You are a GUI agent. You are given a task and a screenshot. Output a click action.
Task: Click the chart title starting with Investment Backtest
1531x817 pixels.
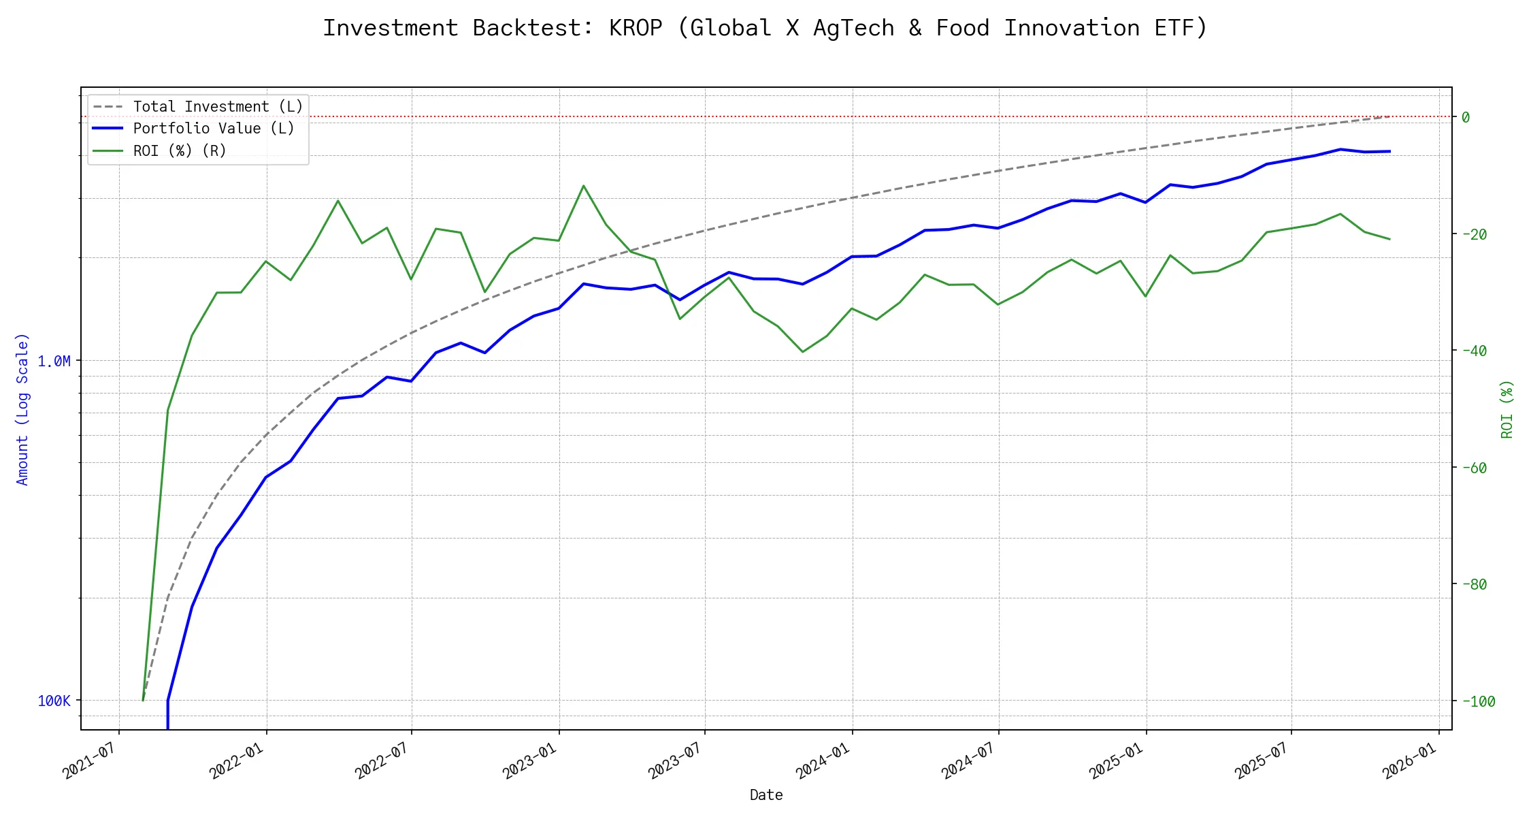coord(765,28)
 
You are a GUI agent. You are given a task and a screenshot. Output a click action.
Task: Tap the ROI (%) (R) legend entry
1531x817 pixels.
coord(180,150)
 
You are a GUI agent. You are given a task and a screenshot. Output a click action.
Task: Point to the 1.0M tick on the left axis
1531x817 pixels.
coord(54,361)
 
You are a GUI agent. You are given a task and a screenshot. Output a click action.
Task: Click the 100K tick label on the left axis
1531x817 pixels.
coord(54,701)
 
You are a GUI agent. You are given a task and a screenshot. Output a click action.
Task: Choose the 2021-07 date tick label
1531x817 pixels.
coord(88,760)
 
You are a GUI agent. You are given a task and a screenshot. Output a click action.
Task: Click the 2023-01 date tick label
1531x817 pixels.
coord(529,760)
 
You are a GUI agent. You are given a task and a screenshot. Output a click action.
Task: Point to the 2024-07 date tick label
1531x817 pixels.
coord(968,760)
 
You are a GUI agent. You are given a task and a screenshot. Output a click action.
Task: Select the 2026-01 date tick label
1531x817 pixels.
coord(1409,760)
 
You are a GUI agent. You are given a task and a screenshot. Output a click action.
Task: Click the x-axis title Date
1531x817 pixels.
coord(766,795)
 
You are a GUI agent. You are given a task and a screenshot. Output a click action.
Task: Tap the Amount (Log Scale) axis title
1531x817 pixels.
coord(22,409)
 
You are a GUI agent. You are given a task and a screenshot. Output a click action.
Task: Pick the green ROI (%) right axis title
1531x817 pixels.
coord(1507,409)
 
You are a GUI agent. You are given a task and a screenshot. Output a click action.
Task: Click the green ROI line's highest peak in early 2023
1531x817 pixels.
coord(584,185)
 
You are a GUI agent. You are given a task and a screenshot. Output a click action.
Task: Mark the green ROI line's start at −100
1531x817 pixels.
coord(143,700)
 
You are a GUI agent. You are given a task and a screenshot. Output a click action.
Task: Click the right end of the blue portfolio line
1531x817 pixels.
coord(1389,151)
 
